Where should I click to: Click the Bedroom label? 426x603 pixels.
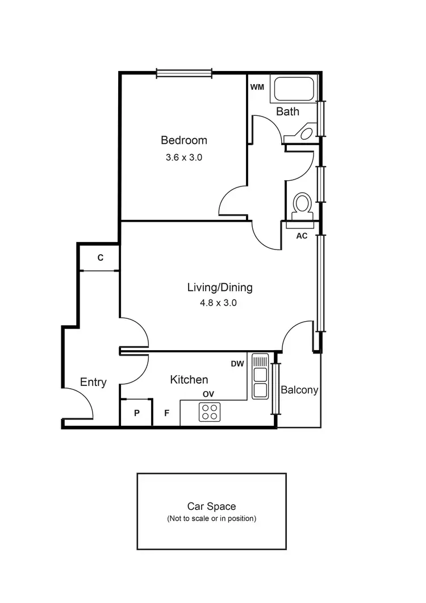click(x=183, y=140)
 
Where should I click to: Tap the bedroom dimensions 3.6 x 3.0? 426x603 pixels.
click(x=183, y=158)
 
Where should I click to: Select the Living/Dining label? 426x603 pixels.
click(x=220, y=288)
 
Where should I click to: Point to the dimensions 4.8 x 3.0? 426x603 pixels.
click(x=218, y=303)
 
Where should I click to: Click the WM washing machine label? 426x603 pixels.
click(x=257, y=87)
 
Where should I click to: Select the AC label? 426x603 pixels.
click(x=302, y=235)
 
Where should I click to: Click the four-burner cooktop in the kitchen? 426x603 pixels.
click(x=210, y=411)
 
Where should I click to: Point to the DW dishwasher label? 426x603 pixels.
click(x=238, y=364)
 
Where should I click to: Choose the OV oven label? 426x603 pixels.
click(x=209, y=394)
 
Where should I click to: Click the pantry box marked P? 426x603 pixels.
click(x=136, y=413)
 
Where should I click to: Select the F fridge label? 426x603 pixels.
click(x=166, y=413)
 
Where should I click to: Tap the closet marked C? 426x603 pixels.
click(x=100, y=258)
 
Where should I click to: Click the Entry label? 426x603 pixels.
click(x=93, y=382)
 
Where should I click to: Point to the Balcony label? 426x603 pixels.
click(x=299, y=390)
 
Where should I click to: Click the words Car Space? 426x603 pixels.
click(x=211, y=506)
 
